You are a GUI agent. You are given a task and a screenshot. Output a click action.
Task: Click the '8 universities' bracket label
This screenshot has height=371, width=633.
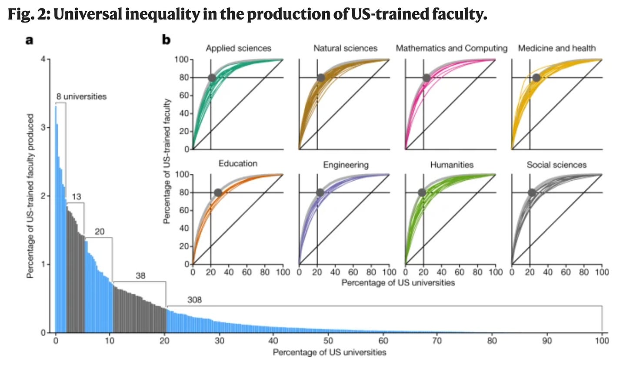81,96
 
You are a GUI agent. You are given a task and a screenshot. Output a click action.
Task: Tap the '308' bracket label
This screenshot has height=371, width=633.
194,300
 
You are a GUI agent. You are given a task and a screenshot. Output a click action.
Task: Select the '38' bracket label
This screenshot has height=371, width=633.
140,275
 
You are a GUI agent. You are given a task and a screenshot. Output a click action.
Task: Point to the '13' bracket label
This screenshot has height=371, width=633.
76,197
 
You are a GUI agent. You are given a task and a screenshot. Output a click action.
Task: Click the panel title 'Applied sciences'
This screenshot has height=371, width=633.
238,48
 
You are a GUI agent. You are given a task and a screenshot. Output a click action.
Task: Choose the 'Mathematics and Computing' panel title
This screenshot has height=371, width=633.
451,48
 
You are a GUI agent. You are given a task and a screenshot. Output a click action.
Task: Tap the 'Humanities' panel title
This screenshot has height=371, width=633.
452,165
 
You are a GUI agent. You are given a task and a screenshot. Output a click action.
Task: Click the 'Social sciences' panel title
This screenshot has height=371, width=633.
556,165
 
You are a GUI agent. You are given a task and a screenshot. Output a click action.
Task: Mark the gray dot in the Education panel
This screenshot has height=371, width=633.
218,192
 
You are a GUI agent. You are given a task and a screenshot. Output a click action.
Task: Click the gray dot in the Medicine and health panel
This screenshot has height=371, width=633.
536,78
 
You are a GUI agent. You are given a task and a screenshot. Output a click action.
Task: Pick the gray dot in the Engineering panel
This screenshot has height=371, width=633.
320,192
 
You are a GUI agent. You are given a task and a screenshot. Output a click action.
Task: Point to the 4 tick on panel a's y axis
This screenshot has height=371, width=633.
43,59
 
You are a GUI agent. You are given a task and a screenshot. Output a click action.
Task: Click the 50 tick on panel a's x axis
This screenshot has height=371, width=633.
328,341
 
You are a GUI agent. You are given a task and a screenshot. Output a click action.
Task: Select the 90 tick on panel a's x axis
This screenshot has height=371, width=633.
547,341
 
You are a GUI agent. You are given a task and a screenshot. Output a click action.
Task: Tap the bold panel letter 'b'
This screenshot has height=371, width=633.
166,40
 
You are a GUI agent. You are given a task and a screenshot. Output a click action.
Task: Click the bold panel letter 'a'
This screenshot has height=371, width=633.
29,40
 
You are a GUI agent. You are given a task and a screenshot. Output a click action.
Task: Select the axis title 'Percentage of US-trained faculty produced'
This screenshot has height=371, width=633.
30,196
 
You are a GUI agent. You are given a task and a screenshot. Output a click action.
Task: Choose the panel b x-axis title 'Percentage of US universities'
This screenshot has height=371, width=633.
398,283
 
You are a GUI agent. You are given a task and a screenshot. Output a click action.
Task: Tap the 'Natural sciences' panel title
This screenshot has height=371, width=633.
345,48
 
